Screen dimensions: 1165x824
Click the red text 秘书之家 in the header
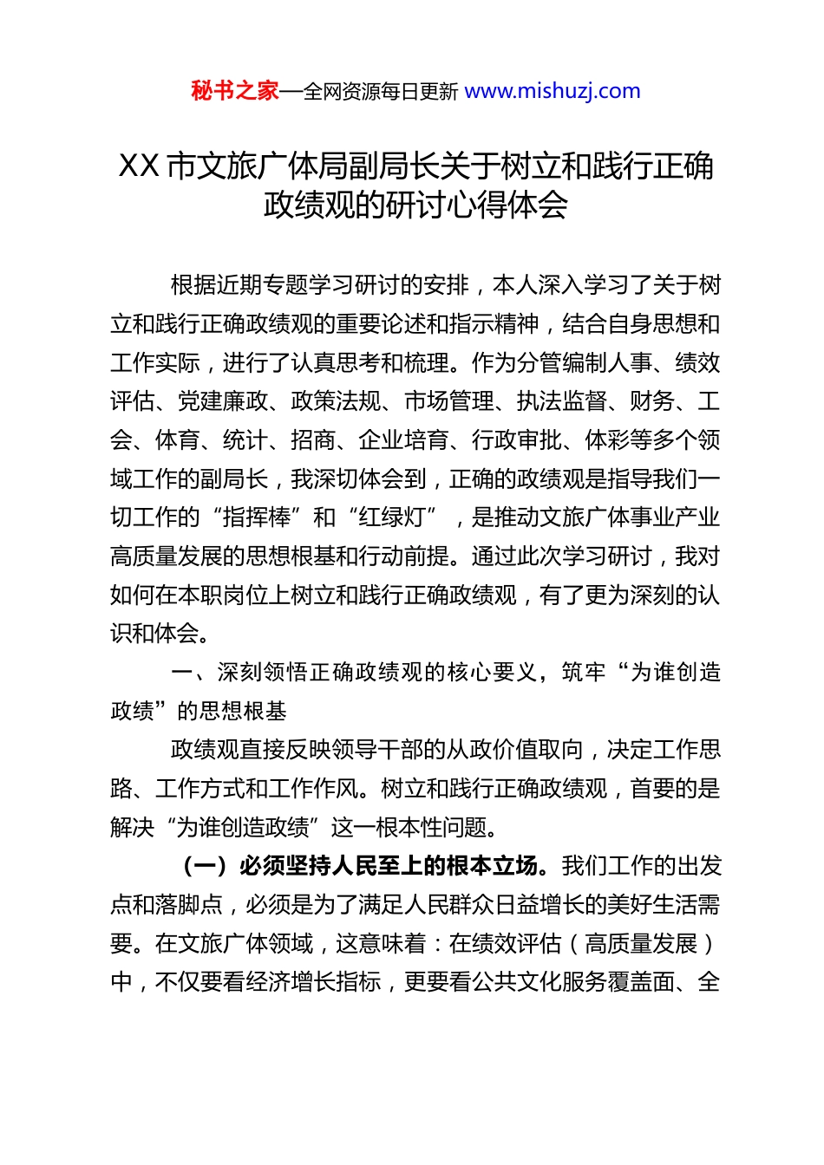point(235,91)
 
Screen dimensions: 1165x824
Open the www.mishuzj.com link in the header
point(553,91)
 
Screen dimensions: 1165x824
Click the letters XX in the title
point(139,166)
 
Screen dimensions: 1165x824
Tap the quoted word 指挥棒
point(257,517)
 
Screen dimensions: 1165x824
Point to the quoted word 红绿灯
point(393,517)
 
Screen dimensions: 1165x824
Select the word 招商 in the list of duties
point(313,440)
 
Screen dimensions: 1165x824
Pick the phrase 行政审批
point(517,440)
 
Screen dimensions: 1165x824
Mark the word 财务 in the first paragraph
point(652,401)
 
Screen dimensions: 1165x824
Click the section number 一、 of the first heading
point(188,673)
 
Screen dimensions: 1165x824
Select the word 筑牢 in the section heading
point(584,673)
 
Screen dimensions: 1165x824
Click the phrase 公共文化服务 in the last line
point(539,982)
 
